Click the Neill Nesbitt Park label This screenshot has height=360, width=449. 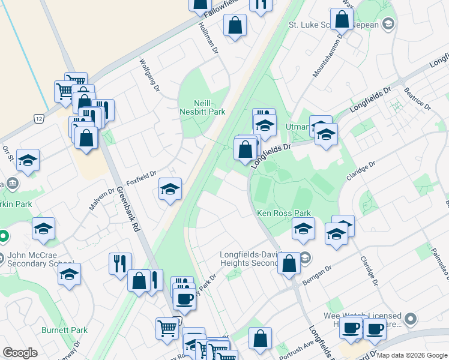[x=202, y=107]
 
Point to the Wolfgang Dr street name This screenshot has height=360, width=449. [x=150, y=75]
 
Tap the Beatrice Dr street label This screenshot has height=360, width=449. [x=418, y=97]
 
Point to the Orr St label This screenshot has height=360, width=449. [x=8, y=154]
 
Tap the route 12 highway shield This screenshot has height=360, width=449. [x=39, y=119]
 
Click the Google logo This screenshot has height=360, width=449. [x=20, y=353]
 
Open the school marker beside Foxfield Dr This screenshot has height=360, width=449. [x=170, y=189]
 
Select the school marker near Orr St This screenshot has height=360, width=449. [x=28, y=160]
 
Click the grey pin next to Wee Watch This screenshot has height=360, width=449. [x=411, y=318]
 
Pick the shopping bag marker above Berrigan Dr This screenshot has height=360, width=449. [x=289, y=262]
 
